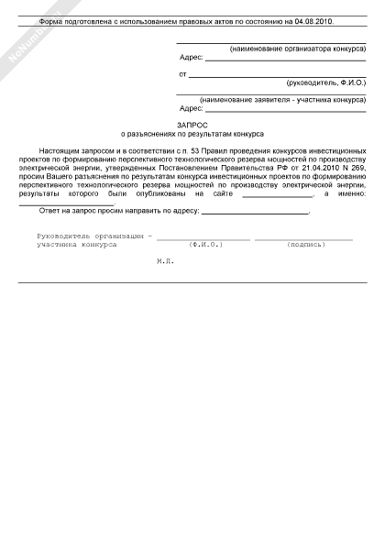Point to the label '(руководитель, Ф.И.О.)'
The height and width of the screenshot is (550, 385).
[x=326, y=82]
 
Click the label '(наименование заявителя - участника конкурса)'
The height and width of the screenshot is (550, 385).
[x=282, y=99]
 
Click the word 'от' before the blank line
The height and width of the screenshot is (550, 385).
[x=182, y=73]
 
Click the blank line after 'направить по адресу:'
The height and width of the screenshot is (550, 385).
[x=254, y=212]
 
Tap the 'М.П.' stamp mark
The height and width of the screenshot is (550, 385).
[x=165, y=261]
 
